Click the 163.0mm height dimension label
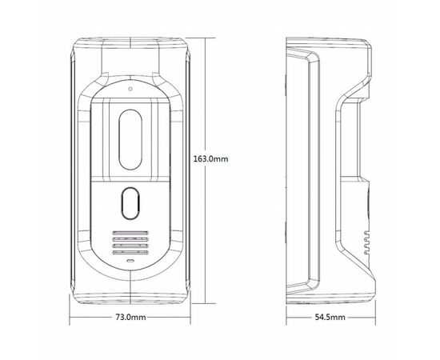(210, 159)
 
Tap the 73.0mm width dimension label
(130, 317)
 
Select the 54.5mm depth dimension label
(330, 318)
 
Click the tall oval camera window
(130, 139)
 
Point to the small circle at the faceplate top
(130, 89)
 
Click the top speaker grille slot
(130, 233)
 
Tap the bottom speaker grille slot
(130, 253)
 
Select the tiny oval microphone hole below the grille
(130, 261)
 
